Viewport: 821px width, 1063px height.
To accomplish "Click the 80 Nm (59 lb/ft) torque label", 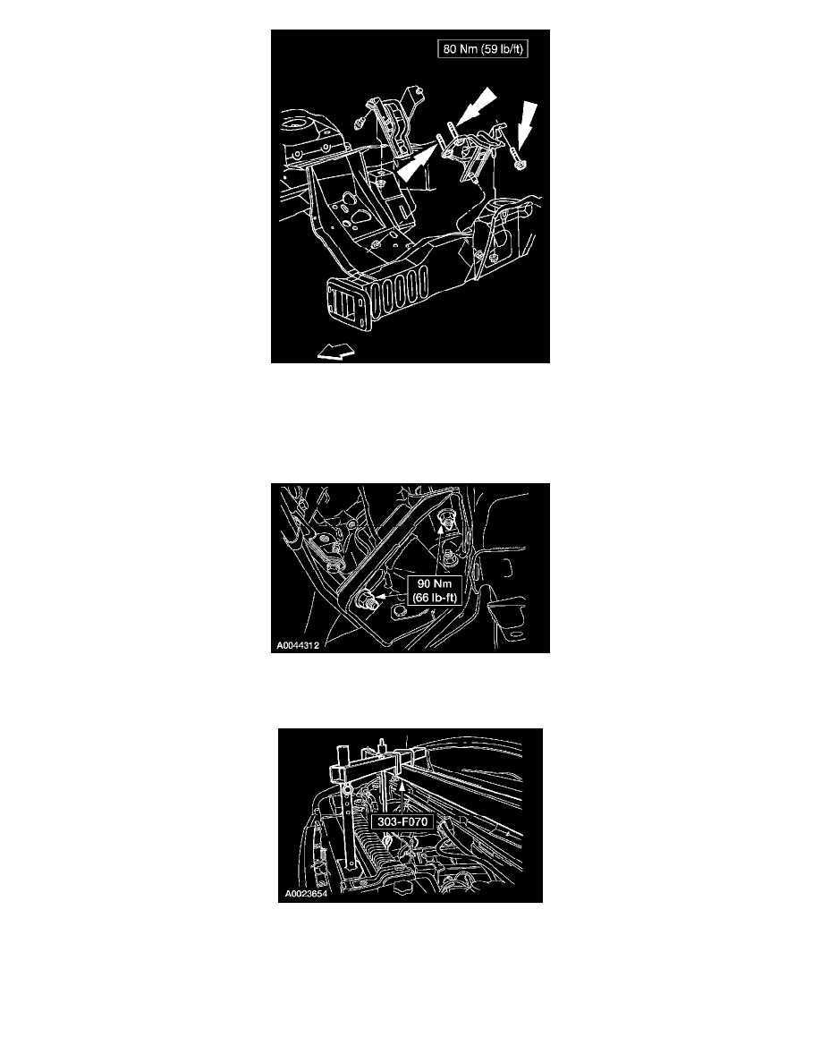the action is pyautogui.click(x=482, y=49).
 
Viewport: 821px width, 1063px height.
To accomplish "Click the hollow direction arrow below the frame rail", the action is pyautogui.click(x=336, y=351).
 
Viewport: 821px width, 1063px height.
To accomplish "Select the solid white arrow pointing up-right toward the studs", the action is pyautogui.click(x=416, y=164).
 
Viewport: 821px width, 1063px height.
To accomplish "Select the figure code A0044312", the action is pyautogui.click(x=298, y=645).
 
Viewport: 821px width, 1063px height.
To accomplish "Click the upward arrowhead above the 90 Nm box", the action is pyautogui.click(x=440, y=533).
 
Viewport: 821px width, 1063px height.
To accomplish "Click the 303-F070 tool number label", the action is pyautogui.click(x=402, y=821).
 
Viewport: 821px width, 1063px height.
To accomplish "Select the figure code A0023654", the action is pyautogui.click(x=306, y=894).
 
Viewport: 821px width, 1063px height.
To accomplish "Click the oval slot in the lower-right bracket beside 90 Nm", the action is pyautogui.click(x=516, y=634).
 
